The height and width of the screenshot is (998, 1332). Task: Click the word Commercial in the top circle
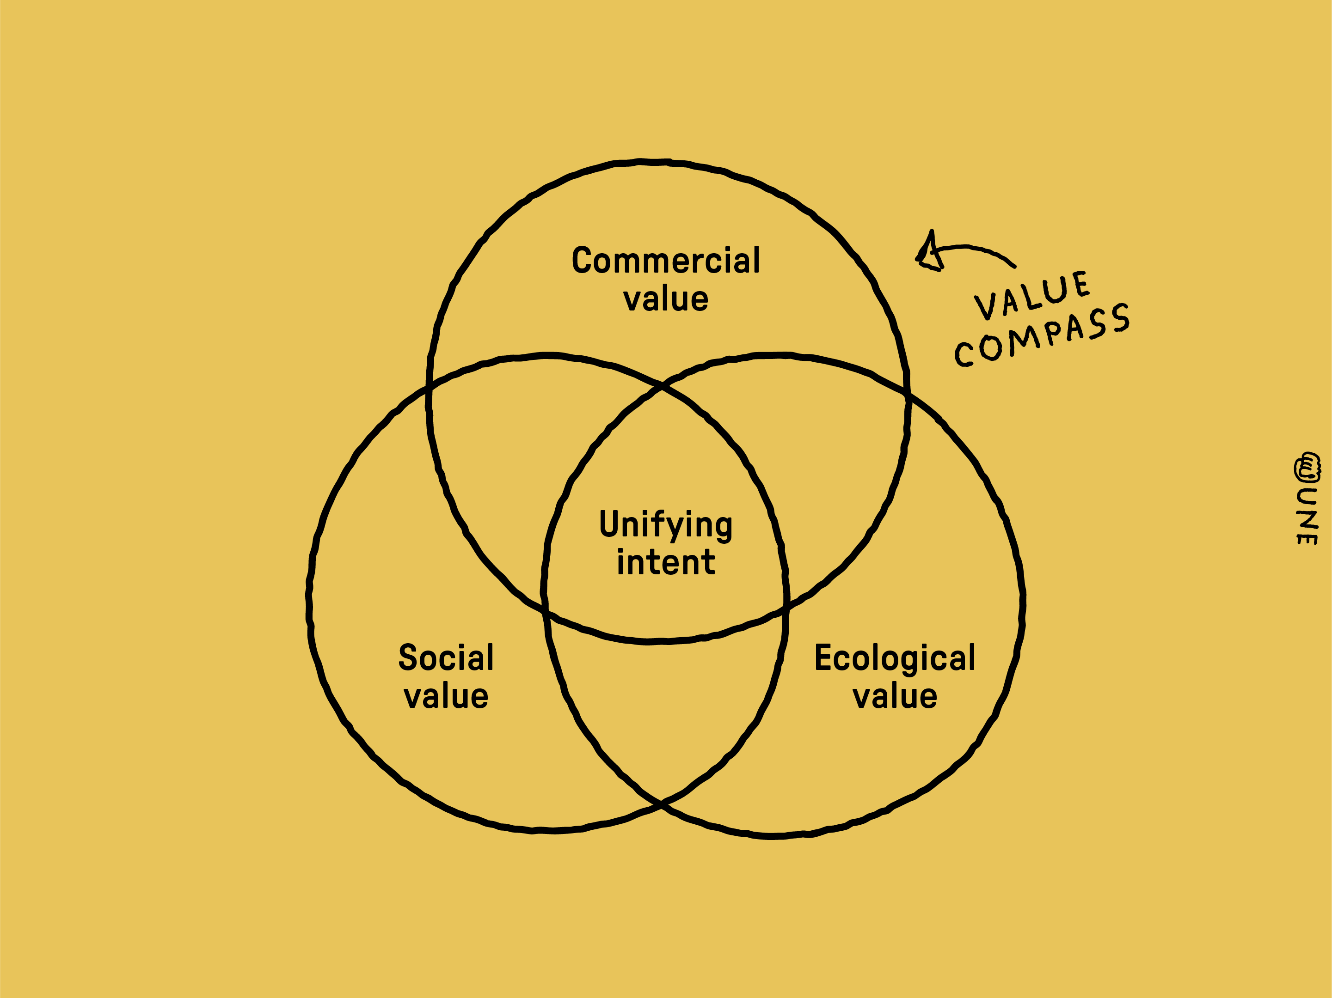665,260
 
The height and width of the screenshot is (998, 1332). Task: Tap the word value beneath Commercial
665,299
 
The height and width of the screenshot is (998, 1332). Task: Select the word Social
446,657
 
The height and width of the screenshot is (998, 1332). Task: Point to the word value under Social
446,696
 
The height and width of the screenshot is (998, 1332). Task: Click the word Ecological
895,657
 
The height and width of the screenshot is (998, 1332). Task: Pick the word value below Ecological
895,696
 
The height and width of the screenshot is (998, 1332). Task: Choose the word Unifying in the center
665,525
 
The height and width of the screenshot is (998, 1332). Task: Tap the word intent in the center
665,562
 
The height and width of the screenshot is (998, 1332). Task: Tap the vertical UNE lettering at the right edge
1307,516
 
